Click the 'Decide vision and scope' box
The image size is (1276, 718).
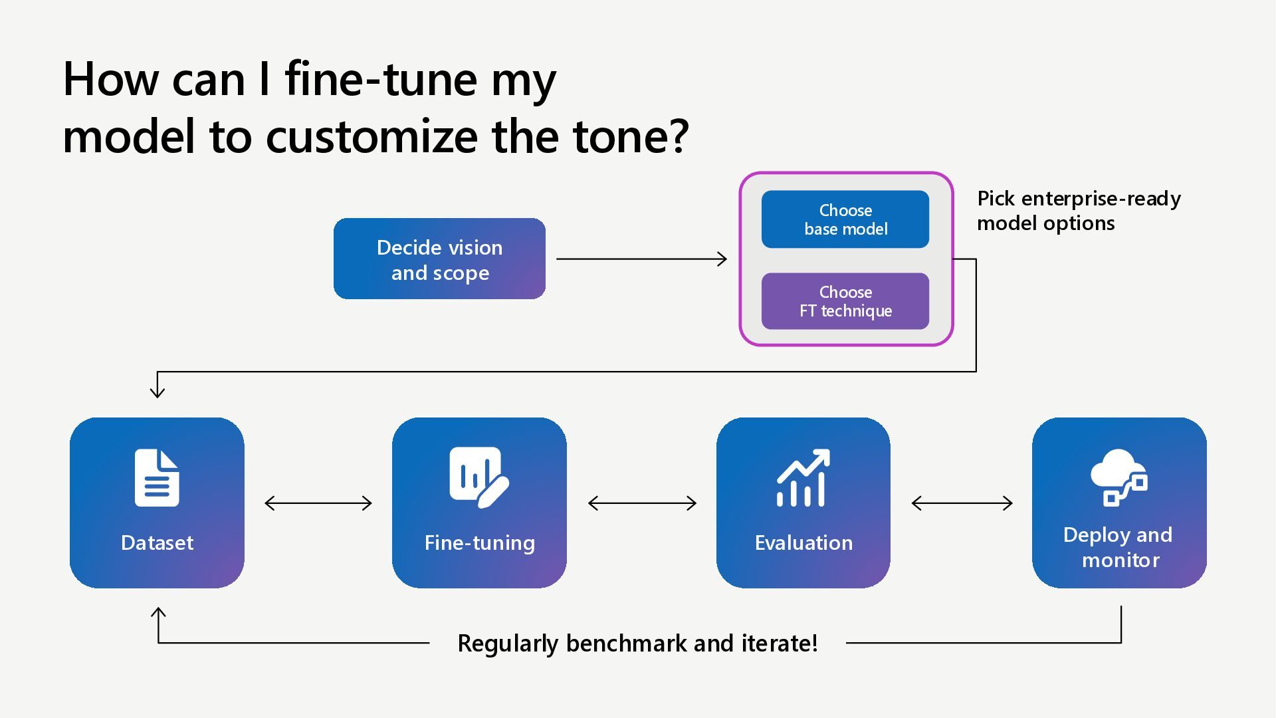tap(439, 259)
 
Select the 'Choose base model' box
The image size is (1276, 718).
tap(845, 219)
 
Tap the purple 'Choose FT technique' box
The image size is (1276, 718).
tap(845, 301)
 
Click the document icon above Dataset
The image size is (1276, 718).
tap(157, 477)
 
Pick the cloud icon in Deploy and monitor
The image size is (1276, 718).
tap(1119, 477)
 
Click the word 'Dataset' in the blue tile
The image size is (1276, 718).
tap(157, 542)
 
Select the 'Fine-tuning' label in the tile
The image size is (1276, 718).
tap(479, 543)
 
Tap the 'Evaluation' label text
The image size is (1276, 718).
tap(803, 542)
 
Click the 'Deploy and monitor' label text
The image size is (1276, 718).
tap(1119, 547)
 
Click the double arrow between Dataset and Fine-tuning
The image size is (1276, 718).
tap(318, 503)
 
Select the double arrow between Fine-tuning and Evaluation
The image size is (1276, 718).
tap(642, 503)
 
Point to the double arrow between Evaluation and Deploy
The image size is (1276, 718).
tap(962, 503)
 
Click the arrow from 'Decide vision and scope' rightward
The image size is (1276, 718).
tap(641, 259)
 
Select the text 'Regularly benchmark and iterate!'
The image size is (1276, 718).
tap(637, 644)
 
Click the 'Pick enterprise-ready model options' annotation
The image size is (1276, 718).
tap(1079, 211)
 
